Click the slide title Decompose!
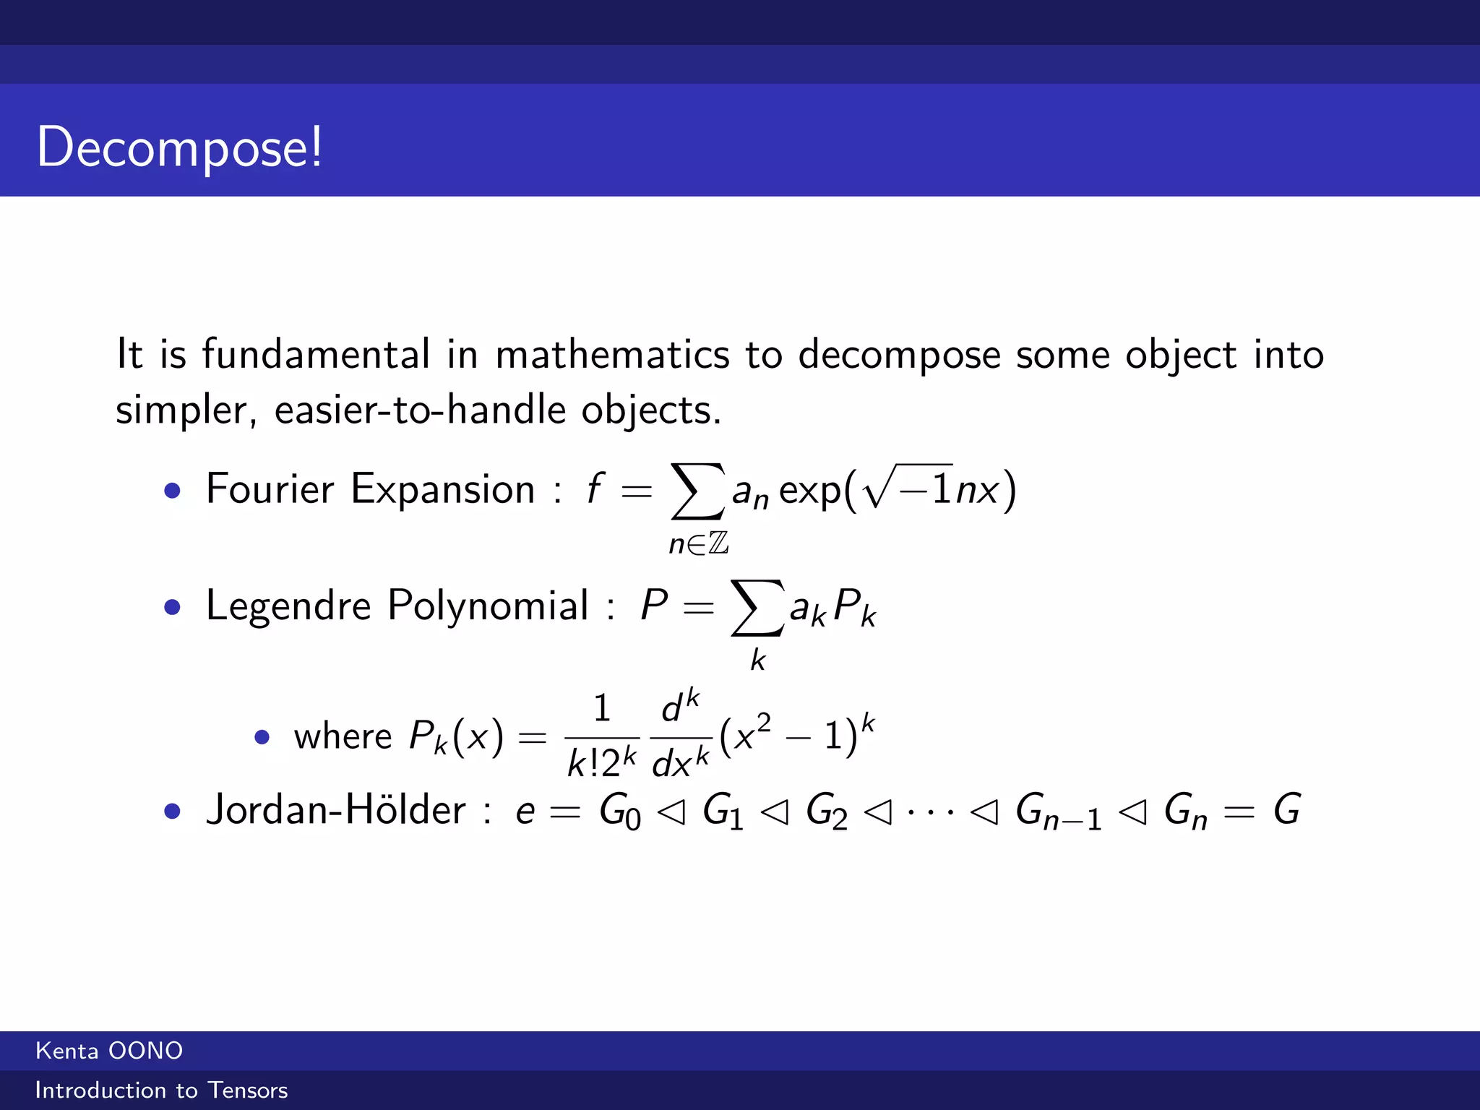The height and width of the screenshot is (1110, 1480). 179,147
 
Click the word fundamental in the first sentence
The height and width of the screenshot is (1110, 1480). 316,355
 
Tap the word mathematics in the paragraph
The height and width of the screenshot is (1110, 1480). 612,355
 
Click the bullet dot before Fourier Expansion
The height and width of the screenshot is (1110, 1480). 172,491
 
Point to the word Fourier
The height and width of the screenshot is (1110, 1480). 270,489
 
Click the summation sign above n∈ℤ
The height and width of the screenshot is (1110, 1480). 697,491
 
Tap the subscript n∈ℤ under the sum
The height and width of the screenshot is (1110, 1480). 698,543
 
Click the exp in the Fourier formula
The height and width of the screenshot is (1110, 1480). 810,491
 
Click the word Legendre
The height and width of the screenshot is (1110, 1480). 288,606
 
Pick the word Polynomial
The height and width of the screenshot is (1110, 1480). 488,606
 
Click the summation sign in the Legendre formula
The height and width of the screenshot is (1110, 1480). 757,608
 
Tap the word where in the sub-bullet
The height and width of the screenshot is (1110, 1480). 343,737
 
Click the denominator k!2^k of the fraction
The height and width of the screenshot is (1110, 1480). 602,763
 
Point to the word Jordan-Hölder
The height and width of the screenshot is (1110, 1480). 335,810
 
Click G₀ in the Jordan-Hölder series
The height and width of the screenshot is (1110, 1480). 619,812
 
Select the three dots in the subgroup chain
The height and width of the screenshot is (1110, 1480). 931,812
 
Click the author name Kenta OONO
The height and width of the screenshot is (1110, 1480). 109,1051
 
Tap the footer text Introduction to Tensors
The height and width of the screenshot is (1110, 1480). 161,1090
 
